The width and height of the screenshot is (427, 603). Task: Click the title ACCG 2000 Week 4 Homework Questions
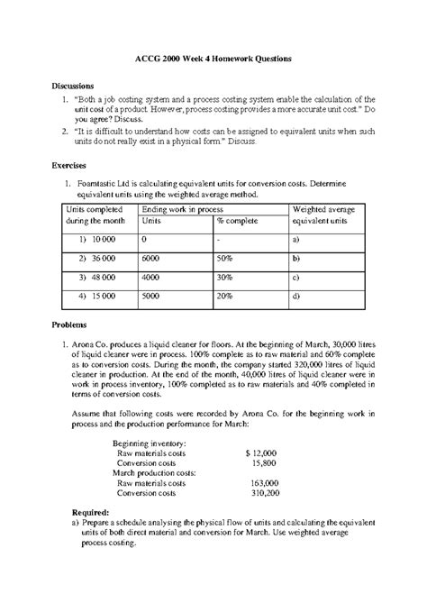click(x=213, y=58)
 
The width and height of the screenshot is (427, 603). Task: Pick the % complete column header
click(x=238, y=220)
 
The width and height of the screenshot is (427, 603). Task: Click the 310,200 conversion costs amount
click(x=264, y=494)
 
